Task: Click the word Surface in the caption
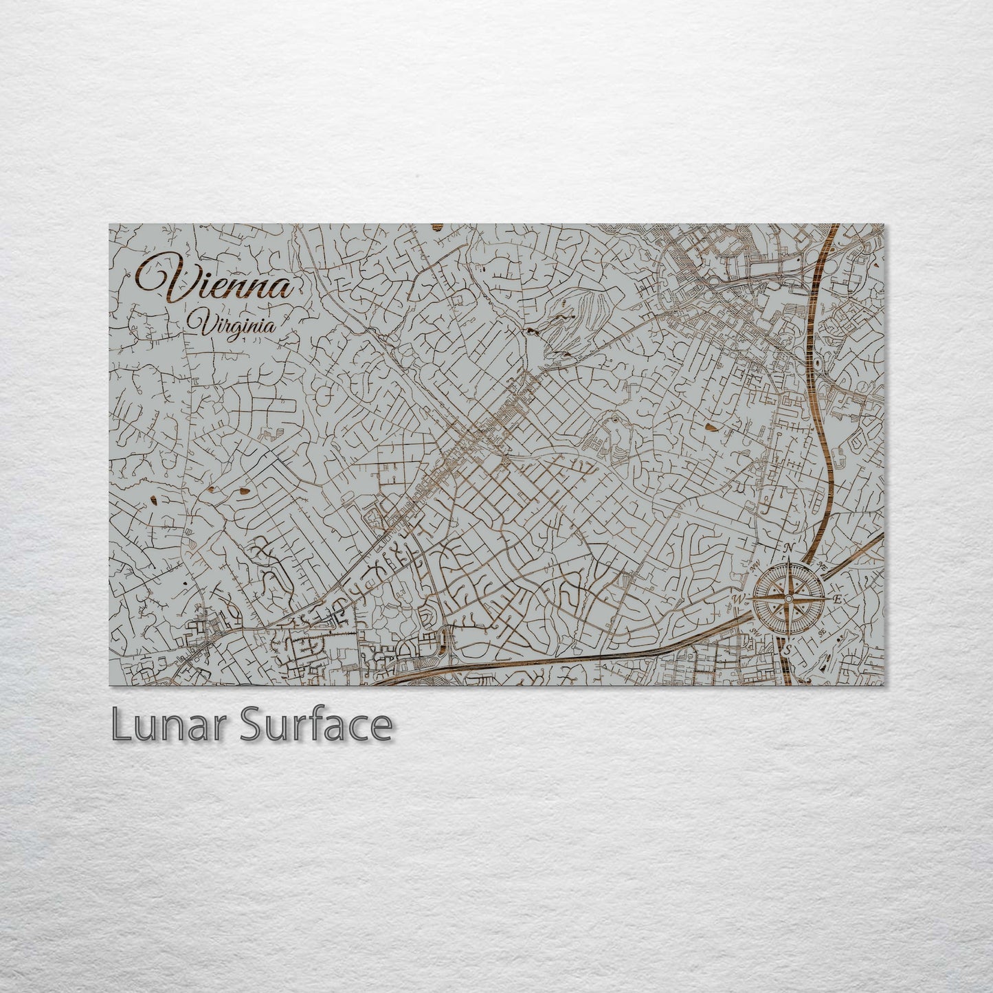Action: pyautogui.click(x=316, y=725)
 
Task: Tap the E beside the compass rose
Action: pyautogui.click(x=838, y=599)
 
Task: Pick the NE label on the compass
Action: pyautogui.click(x=823, y=565)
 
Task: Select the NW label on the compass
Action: pyautogui.click(x=755, y=566)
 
